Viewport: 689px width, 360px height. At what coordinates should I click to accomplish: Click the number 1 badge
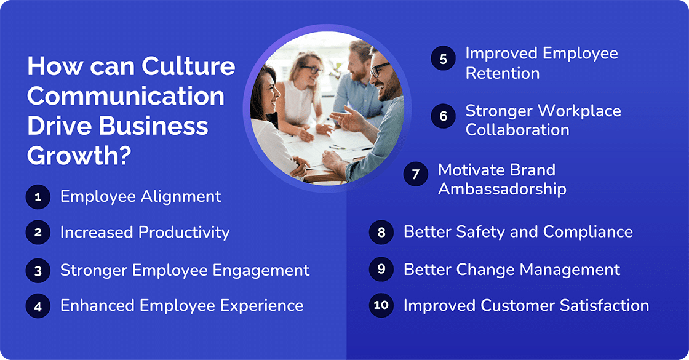pos(38,197)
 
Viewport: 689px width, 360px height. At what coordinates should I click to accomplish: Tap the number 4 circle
pos(38,305)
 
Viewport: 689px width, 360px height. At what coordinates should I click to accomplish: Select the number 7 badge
pos(415,174)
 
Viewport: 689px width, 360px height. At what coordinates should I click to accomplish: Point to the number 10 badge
pos(381,305)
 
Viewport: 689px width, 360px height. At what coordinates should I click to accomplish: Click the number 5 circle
pos(442,59)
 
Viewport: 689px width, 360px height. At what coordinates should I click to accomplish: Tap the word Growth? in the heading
pos(79,155)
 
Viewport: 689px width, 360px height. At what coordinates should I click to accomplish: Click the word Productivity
pos(184,233)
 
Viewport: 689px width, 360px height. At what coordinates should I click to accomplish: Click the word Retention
pos(502,73)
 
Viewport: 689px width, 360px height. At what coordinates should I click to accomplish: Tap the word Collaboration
pos(517,130)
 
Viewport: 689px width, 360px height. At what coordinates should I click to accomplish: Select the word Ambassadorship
pos(501,188)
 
